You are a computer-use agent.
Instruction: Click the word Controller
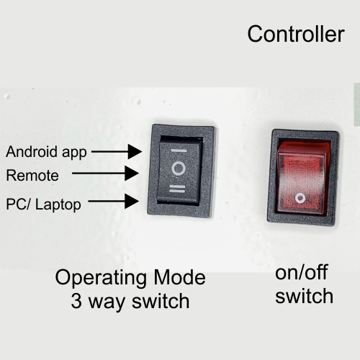(x=296, y=34)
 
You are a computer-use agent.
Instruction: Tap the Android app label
(x=46, y=152)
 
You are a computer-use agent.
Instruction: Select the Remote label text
(x=32, y=175)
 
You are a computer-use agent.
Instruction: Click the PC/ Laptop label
(x=43, y=204)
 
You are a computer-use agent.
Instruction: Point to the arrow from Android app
(x=117, y=151)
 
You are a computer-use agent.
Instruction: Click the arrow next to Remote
(x=106, y=173)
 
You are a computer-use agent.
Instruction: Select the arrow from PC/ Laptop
(x=114, y=201)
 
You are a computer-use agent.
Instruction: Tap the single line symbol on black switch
(x=179, y=151)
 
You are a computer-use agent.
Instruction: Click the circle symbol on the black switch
(x=179, y=168)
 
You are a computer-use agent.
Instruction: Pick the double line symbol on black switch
(x=177, y=189)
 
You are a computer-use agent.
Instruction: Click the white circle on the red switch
(x=300, y=198)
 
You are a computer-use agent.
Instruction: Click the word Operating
(x=101, y=279)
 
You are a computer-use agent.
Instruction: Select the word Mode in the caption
(x=180, y=277)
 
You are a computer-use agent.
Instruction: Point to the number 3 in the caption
(x=76, y=301)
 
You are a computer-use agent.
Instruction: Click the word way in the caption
(x=107, y=303)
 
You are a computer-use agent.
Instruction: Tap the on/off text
(x=302, y=272)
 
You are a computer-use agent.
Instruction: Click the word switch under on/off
(x=305, y=296)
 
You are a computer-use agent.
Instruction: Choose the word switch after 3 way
(x=161, y=301)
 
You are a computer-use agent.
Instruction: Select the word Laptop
(x=58, y=205)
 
